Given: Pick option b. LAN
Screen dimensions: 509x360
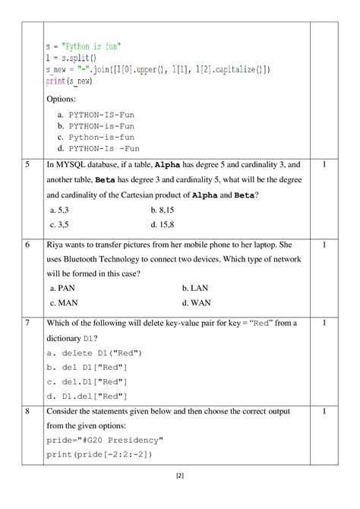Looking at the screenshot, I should click(195, 289).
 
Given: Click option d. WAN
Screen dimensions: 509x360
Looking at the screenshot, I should click(197, 303).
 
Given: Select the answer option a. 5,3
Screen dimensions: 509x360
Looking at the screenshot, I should click(61, 210).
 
